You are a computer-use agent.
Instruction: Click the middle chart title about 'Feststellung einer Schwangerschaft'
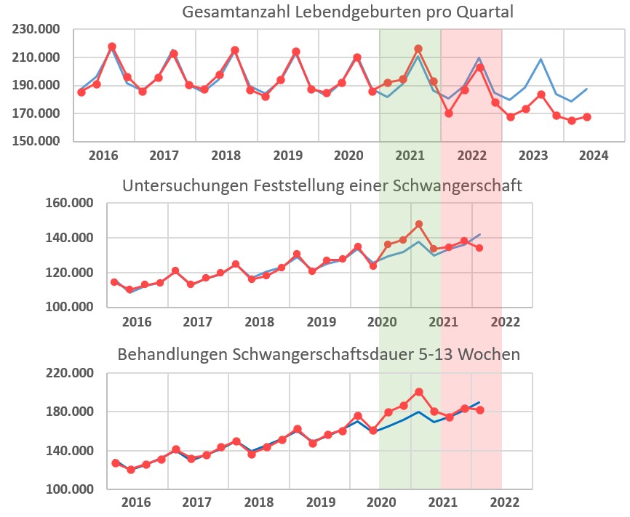tap(322, 185)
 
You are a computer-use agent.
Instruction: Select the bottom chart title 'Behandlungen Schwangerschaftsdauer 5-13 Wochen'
tap(319, 355)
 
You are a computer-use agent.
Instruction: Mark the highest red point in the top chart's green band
tap(418, 49)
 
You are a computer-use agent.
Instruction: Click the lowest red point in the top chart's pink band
tap(449, 113)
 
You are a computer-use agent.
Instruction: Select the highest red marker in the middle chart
tap(419, 224)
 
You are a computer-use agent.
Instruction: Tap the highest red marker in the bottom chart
tap(419, 392)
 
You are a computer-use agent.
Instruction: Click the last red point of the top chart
tap(587, 117)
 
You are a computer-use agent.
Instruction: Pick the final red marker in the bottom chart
tap(480, 410)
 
